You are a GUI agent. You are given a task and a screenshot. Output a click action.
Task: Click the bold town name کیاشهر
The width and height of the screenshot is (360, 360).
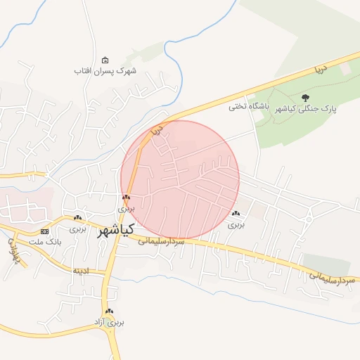115,230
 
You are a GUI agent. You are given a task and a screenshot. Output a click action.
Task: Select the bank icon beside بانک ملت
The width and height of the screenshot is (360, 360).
45,231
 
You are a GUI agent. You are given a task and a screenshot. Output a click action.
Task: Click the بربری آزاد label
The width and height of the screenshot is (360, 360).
109,323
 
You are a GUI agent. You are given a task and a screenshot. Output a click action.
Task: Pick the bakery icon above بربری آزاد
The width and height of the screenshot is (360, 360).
108,311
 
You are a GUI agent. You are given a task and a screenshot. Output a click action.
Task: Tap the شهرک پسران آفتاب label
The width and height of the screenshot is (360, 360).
105,71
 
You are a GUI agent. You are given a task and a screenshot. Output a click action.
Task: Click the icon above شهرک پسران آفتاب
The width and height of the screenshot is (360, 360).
105,60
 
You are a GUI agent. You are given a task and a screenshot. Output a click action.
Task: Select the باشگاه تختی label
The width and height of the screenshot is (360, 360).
245,107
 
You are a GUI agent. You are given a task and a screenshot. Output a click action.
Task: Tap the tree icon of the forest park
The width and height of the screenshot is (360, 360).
304,98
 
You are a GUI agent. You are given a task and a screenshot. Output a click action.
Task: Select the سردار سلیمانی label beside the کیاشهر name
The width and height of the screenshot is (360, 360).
161,240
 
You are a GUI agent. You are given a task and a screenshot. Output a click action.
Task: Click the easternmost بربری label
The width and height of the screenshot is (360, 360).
235,225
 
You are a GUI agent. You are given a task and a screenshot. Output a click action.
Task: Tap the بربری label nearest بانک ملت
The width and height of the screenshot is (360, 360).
77,229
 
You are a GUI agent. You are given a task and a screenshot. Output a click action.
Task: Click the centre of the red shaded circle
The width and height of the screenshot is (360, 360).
180,179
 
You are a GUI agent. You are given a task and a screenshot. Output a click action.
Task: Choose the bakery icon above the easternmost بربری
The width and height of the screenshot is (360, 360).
235,213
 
